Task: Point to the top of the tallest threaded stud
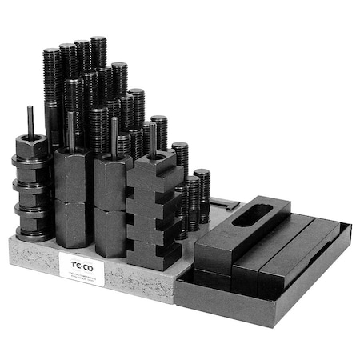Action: (x=98, y=41)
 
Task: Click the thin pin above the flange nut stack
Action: (x=30, y=120)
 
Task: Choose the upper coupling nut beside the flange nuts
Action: (x=74, y=175)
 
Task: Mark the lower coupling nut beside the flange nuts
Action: (x=74, y=223)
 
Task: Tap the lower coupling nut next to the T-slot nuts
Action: (x=112, y=232)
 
